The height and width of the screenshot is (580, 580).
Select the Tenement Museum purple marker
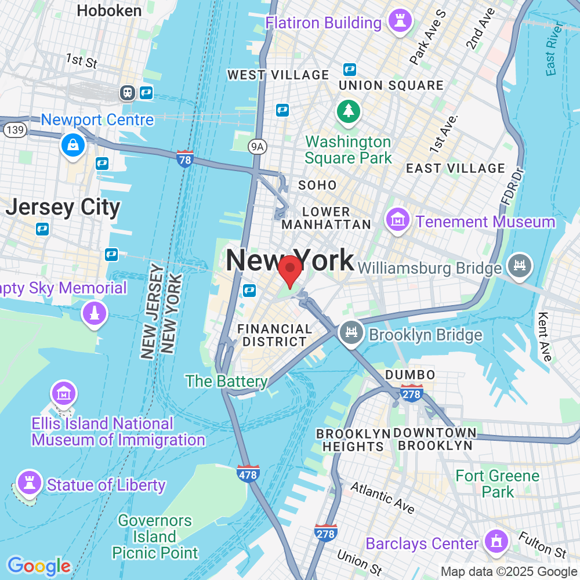click(398, 220)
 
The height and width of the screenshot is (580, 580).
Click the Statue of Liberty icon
click(28, 482)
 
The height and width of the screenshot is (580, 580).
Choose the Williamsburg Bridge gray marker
click(519, 265)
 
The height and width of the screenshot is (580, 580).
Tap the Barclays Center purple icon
click(496, 541)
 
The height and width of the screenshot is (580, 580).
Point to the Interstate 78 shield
click(184, 158)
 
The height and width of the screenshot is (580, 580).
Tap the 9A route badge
click(257, 147)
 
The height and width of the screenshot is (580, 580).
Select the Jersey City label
click(63, 207)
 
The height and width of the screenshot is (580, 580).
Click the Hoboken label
click(109, 10)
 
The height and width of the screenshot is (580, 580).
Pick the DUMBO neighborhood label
click(410, 375)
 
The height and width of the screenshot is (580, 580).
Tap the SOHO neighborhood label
click(317, 185)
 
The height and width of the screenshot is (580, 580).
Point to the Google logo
click(39, 565)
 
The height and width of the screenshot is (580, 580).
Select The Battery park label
click(226, 381)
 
